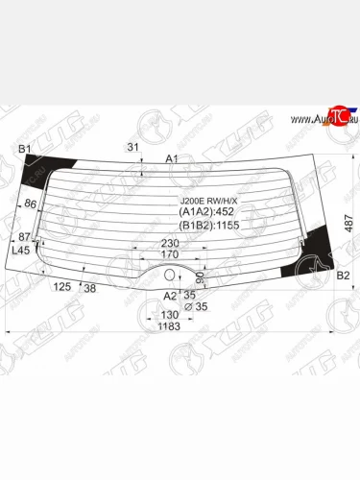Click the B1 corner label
click(26, 148)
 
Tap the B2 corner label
click(341, 276)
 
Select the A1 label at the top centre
click(173, 158)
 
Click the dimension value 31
click(133, 146)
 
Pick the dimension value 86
click(30, 204)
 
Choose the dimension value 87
click(23, 236)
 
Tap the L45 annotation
click(20, 250)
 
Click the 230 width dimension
click(171, 243)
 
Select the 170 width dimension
click(169, 255)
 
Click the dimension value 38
click(89, 287)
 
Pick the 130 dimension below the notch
click(169, 316)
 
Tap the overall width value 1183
click(169, 327)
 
